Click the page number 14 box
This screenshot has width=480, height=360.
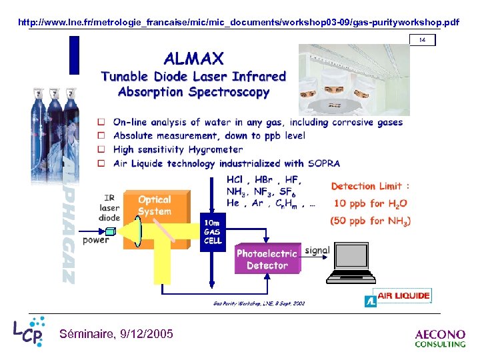click(421, 40)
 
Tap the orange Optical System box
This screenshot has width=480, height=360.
click(155, 205)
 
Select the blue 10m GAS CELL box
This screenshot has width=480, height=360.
click(213, 231)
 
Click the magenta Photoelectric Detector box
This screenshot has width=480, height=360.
click(267, 259)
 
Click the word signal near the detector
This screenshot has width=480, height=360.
click(317, 251)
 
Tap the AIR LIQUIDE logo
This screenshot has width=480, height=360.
click(399, 297)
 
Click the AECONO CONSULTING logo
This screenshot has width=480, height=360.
click(440, 338)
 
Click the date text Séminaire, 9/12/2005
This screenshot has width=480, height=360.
click(116, 333)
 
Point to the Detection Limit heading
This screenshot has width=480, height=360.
click(370, 186)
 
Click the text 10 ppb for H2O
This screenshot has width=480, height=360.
click(370, 203)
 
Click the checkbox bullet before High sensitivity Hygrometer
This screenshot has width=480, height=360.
click(101, 149)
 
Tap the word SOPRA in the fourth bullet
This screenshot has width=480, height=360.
click(323, 163)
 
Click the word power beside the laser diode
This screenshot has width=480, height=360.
click(96, 239)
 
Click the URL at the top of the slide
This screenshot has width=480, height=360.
click(239, 23)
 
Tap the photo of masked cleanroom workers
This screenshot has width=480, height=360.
click(353, 80)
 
